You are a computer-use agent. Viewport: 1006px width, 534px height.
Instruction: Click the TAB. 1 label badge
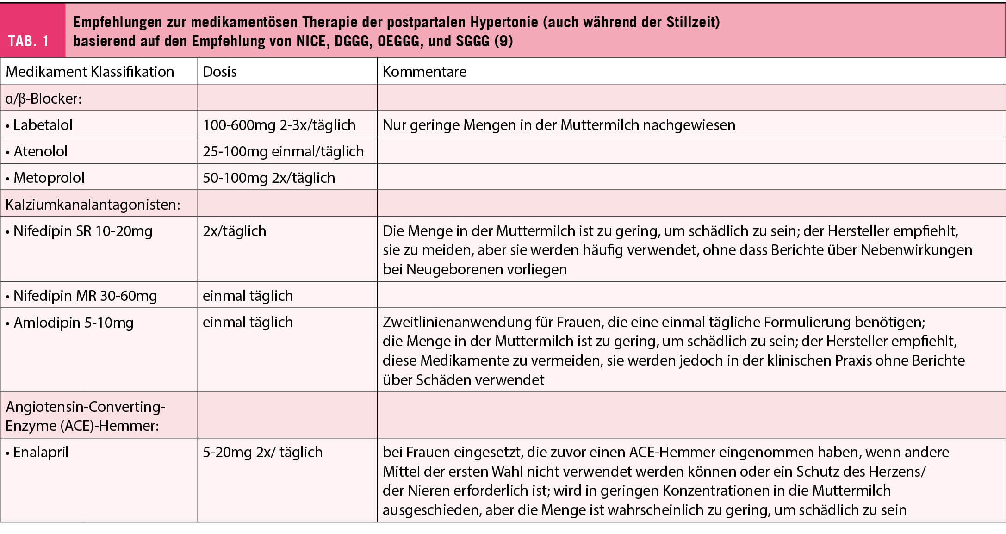click(29, 41)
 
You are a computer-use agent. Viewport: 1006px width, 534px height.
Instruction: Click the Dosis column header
click(219, 72)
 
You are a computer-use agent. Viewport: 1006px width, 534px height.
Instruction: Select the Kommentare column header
click(424, 72)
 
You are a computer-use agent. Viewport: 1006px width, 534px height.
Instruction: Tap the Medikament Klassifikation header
click(90, 72)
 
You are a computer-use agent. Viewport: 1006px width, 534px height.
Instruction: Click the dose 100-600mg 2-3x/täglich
click(279, 125)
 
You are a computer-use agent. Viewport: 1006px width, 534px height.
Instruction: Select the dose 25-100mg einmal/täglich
click(283, 151)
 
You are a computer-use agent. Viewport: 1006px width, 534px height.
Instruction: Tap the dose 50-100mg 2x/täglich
click(269, 178)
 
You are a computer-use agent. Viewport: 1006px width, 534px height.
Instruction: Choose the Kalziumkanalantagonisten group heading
click(93, 205)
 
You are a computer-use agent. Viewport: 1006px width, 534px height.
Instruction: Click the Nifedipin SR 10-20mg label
click(82, 231)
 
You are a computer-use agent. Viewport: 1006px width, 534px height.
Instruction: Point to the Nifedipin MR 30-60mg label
click(85, 296)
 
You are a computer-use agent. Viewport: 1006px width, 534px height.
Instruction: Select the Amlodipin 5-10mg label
click(73, 323)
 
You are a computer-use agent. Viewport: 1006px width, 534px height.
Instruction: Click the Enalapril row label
click(41, 452)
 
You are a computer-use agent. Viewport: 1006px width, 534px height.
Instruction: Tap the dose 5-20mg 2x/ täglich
click(262, 452)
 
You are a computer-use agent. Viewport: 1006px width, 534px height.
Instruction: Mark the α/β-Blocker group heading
click(43, 99)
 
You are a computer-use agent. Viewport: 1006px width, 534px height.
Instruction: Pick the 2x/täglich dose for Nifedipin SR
click(234, 231)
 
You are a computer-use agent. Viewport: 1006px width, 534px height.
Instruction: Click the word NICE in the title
click(311, 41)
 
